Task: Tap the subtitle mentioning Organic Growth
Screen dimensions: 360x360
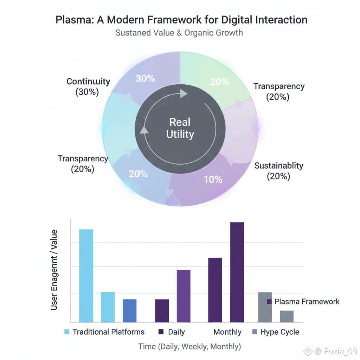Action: point(179,33)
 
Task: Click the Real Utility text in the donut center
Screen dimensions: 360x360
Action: point(180,128)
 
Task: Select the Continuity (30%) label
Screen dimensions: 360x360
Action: point(88,87)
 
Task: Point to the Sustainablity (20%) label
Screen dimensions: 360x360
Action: point(278,171)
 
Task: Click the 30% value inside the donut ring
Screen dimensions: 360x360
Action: point(145,78)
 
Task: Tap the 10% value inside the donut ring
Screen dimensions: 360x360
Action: point(213,179)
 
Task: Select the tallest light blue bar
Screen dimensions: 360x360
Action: point(86,276)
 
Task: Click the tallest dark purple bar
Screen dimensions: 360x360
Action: point(237,272)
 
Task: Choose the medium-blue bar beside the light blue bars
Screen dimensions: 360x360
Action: point(129,310)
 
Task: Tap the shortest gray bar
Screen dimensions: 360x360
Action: point(287,316)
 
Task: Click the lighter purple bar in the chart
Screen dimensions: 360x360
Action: point(184,296)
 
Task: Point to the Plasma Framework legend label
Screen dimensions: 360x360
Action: point(307,302)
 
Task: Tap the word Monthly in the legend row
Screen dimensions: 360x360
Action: point(227,332)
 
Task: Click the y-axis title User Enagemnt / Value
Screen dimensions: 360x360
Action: point(54,270)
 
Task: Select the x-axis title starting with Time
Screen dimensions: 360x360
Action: point(189,346)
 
